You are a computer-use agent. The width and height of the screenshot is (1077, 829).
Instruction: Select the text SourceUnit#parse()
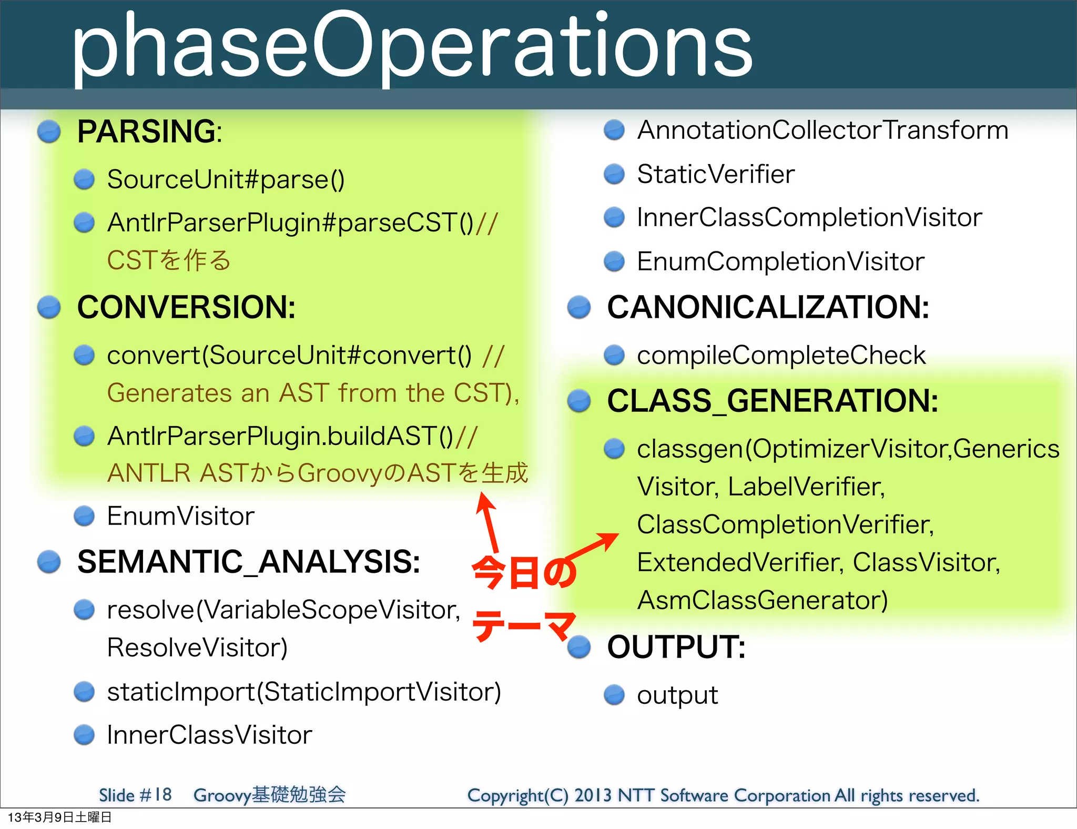pos(226,179)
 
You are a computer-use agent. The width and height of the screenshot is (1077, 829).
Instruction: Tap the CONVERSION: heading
pos(186,307)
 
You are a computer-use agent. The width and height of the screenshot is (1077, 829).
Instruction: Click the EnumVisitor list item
pos(180,516)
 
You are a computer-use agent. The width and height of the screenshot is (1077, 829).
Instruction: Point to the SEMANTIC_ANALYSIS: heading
pos(248,562)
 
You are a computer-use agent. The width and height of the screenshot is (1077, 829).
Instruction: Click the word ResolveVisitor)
pos(197,648)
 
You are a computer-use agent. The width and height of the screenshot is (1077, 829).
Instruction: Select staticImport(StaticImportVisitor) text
pos(304,692)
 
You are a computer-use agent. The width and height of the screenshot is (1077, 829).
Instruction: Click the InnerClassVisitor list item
pos(209,735)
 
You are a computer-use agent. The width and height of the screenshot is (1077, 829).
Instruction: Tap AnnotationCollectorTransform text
pos(822,130)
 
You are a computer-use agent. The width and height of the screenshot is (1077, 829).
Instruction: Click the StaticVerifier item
pos(716,174)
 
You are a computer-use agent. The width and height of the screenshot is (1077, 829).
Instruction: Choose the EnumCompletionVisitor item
pos(780,261)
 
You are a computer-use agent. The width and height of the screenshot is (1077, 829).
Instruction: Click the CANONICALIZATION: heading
pos(768,307)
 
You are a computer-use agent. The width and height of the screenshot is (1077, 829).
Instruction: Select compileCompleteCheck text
pos(781,355)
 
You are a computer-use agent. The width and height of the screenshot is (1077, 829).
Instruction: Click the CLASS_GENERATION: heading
pos(772,401)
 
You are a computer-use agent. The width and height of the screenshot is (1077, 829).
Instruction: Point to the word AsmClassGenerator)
pos(762,600)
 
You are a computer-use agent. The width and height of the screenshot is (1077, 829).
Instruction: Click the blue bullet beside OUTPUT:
pos(580,647)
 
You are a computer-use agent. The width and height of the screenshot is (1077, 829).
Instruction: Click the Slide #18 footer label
pos(135,795)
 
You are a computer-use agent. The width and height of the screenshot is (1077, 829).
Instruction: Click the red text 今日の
pos(523,573)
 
